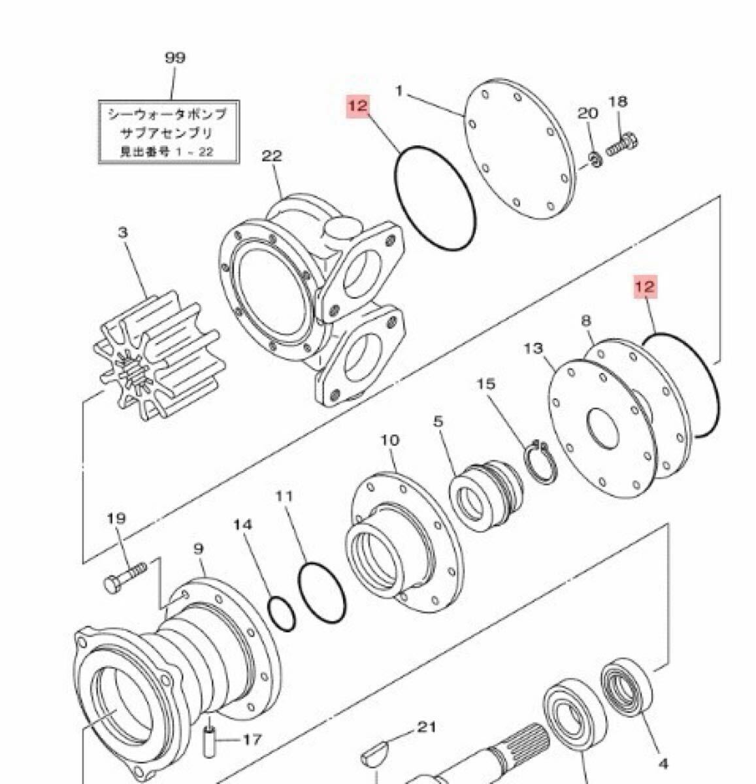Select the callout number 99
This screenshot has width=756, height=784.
coord(174,57)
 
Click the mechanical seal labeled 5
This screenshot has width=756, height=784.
coord(487,496)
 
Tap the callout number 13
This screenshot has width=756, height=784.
coord(533,348)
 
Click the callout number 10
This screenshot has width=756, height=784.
coord(389,440)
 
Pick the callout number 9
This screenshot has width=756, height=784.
coord(199,550)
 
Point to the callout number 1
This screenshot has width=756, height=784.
coord(400,91)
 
